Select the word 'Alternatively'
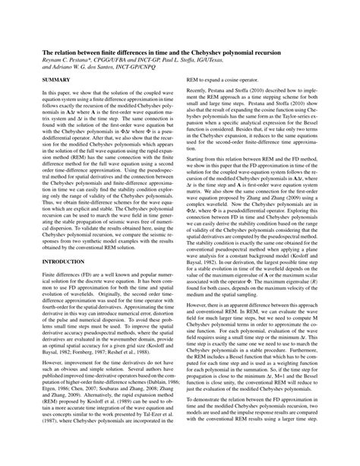pyautogui.click(x=90, y=396)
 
